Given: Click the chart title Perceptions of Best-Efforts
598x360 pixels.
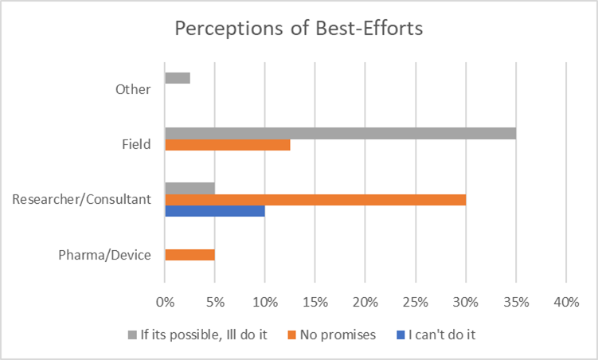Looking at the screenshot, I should point(299,29).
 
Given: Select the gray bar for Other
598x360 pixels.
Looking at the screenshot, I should point(178,78).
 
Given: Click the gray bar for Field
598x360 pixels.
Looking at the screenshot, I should point(340,133).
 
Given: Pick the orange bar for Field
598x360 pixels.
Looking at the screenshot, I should point(228,144).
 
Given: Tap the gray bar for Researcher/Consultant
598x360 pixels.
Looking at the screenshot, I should point(190,189).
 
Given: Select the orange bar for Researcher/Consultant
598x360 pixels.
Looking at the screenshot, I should point(315,199).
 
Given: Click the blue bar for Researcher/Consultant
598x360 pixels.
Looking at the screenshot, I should point(215,210).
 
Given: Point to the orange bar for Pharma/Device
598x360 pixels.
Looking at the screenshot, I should point(190,255).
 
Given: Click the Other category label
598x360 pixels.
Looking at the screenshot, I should point(132,89).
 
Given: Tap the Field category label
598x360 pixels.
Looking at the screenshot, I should point(135,144).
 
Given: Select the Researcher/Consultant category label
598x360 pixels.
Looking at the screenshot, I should point(82,200).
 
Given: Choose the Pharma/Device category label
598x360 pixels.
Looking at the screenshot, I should point(104,256).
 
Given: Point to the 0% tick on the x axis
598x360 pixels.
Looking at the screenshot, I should point(165,303).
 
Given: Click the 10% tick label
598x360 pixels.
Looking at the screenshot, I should point(265,303).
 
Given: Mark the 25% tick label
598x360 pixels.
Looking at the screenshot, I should point(416,303).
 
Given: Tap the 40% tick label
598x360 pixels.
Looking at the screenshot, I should point(566,303).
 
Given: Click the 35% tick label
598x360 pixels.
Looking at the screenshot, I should point(516,303).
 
